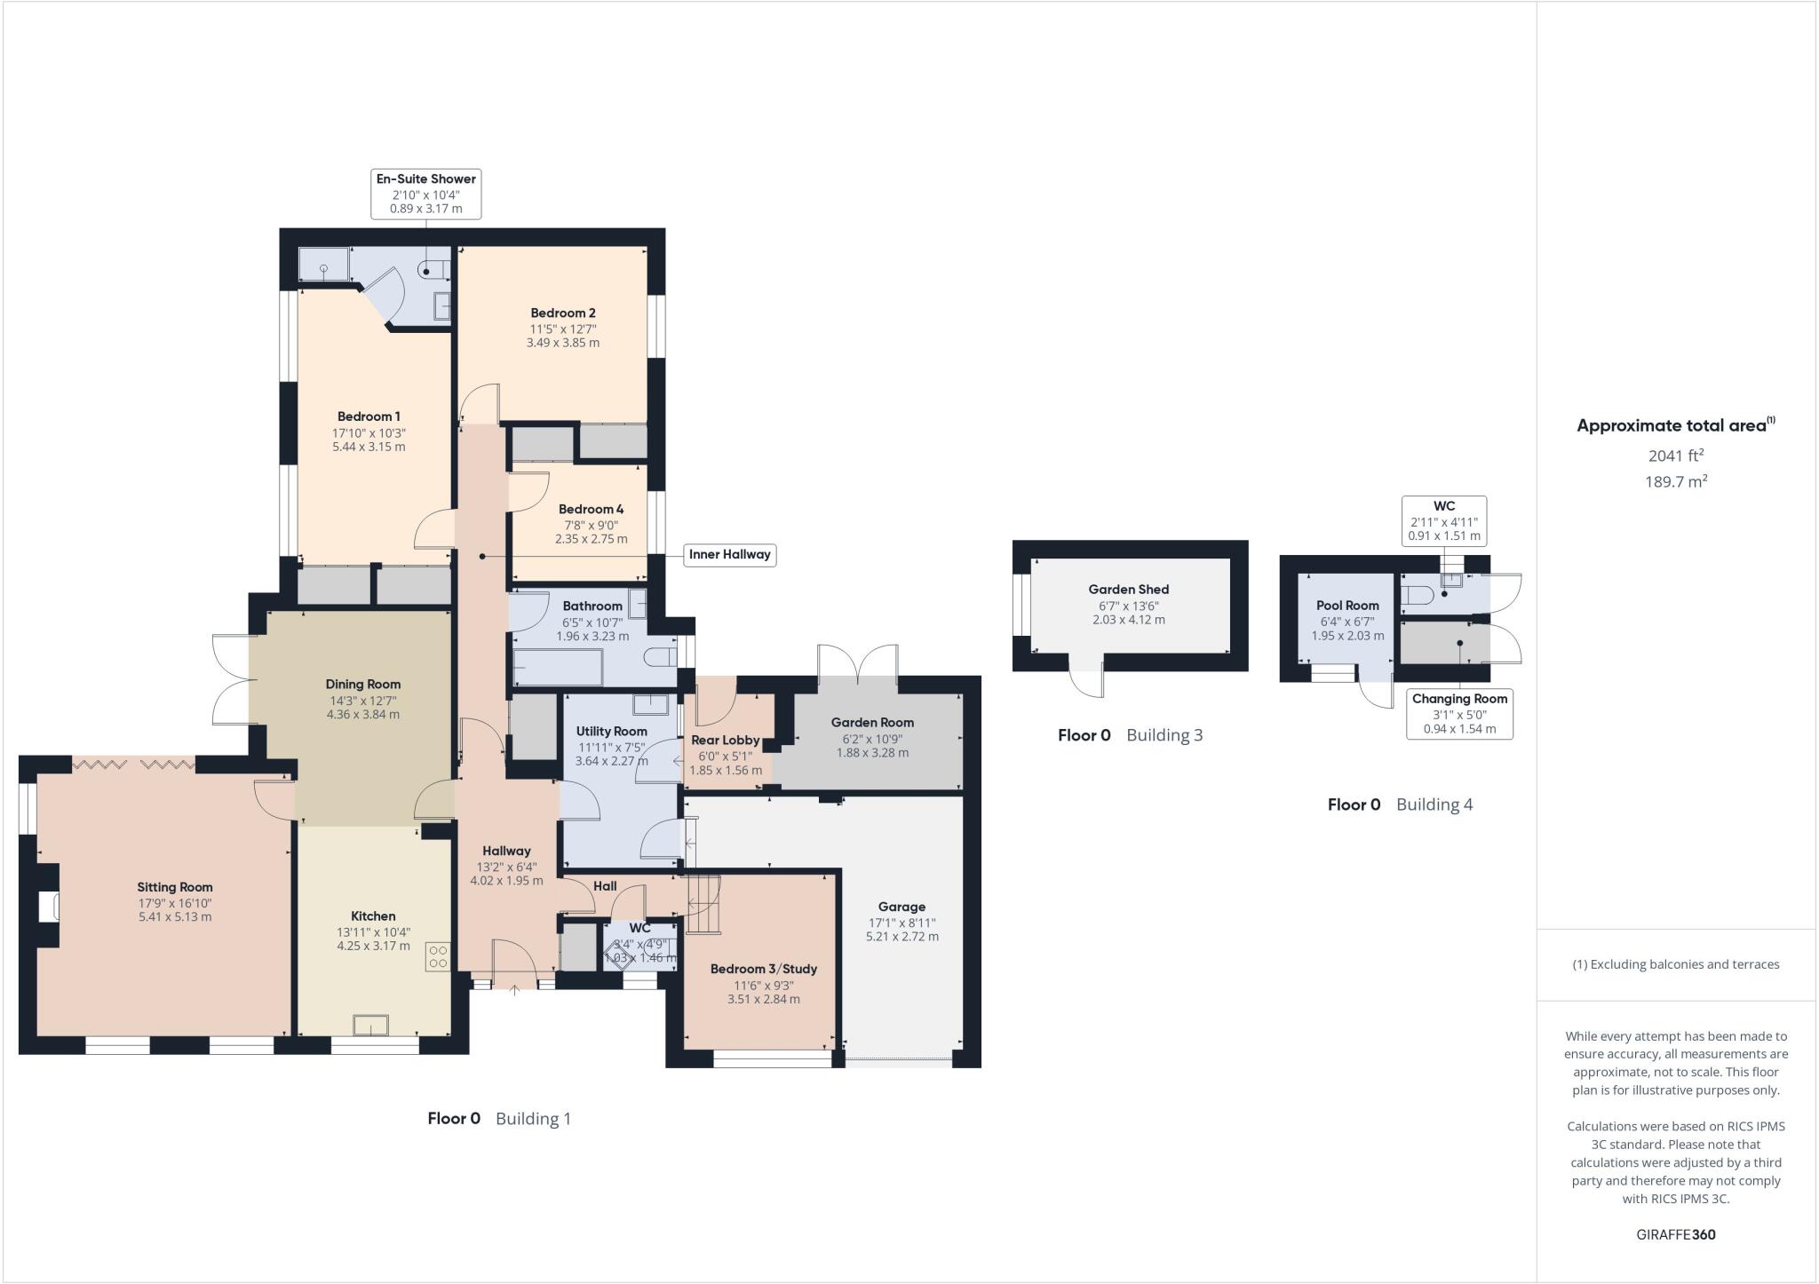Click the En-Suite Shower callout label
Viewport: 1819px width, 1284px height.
[425, 194]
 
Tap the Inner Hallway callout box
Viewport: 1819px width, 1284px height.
[729, 555]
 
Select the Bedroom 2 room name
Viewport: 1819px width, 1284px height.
[562, 313]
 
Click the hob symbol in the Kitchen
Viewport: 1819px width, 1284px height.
[438, 956]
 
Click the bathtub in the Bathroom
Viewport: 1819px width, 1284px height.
[558, 667]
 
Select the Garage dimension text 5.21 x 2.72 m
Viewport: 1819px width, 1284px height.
[902, 937]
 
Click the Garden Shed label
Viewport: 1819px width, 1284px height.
[1128, 590]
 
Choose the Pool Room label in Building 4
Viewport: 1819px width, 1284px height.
[1347, 606]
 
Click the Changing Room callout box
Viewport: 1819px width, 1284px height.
[1459, 713]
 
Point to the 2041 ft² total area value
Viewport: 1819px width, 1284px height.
[1675, 456]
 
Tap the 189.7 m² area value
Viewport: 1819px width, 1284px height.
[1675, 482]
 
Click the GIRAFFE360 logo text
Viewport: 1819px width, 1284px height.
[1675, 1234]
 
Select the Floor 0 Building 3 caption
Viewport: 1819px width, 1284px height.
[1130, 735]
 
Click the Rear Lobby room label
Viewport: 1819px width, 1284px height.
[725, 740]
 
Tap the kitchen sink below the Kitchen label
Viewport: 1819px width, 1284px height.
[370, 1025]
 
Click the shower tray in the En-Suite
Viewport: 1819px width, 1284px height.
[323, 265]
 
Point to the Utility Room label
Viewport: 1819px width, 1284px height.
[611, 731]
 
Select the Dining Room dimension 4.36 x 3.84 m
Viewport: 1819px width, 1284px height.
[362, 714]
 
